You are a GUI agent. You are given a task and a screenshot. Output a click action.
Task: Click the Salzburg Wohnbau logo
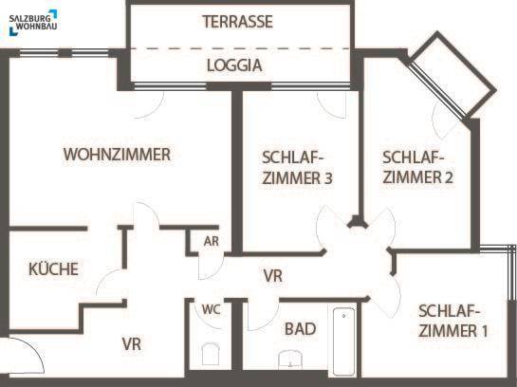tap(33, 22)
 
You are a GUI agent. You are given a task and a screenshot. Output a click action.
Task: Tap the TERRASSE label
tap(238, 22)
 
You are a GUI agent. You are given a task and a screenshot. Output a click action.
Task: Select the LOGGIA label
tap(234, 65)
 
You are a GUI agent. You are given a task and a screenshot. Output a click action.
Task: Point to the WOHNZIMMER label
tap(117, 155)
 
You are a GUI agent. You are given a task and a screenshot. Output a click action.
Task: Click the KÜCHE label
tap(53, 268)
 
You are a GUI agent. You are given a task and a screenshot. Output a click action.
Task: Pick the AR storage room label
tap(211, 241)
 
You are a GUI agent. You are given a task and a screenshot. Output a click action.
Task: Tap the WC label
tap(211, 309)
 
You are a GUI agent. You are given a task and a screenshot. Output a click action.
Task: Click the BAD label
tap(300, 329)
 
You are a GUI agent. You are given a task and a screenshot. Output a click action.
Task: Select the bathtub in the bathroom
tap(344, 341)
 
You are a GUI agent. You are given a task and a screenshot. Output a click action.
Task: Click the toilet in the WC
tap(211, 354)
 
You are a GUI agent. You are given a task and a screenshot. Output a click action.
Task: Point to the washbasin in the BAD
tap(290, 359)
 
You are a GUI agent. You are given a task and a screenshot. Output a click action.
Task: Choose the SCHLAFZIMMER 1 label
tap(452, 321)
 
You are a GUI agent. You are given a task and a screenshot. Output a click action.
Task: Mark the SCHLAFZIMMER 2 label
tap(417, 168)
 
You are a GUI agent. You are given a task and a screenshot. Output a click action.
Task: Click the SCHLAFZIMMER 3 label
tap(297, 168)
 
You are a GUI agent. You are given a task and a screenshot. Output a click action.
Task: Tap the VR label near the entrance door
tap(132, 343)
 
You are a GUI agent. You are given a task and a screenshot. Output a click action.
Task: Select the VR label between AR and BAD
tap(273, 276)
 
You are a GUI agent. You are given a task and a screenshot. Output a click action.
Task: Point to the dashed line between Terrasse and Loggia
tap(240, 48)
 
